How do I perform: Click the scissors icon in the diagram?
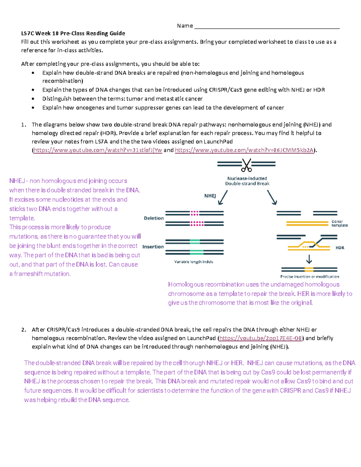[x=246, y=165]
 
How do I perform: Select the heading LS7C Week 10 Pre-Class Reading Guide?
[x=73, y=33]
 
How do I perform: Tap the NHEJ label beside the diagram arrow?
[x=210, y=196]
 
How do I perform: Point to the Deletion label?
[x=154, y=218]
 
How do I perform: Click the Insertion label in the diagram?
[x=153, y=247]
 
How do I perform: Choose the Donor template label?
[x=340, y=223]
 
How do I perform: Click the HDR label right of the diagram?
[x=340, y=248]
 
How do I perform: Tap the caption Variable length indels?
[x=193, y=262]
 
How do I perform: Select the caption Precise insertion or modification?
[x=310, y=277]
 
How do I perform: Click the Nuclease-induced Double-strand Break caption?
[x=247, y=181]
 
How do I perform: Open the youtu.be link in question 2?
[x=261, y=338]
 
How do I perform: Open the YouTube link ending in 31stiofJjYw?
[x=98, y=150]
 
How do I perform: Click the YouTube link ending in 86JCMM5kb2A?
[x=244, y=150]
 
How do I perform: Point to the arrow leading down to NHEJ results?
[x=223, y=198]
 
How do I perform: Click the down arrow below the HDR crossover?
[x=309, y=259]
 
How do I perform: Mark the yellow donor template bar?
[x=307, y=223]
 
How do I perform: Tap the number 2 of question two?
[x=23, y=330]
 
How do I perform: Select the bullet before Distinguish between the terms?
[x=33, y=99]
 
